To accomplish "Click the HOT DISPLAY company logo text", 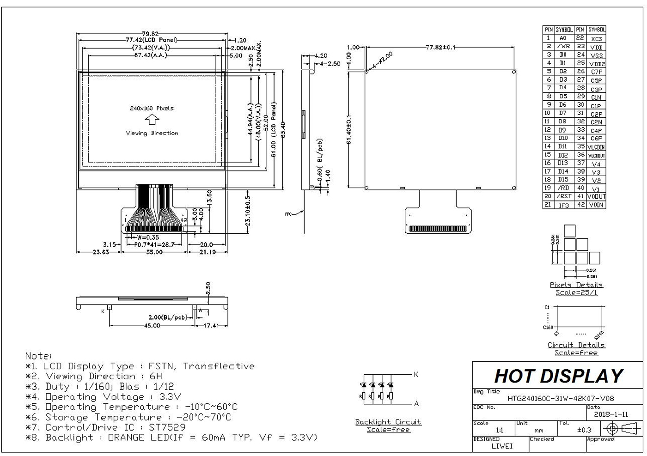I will pos(559,376).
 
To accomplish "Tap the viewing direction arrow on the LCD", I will pos(152,121).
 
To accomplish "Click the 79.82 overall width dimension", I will pos(151,34).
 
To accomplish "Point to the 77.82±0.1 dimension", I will pos(440,47).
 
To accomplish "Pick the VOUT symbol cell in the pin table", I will pos(596,196).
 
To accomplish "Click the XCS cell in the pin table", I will pos(596,39).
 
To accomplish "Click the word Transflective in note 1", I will pos(219,366).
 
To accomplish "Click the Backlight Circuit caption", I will pos(388,422).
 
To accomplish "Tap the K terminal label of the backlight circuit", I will pos(416,374).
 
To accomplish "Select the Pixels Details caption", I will pos(576,285).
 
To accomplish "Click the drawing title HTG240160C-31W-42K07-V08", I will pos(561,398).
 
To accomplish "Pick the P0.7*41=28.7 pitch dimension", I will pos(154,245).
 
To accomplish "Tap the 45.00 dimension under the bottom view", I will pos(152,326).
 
